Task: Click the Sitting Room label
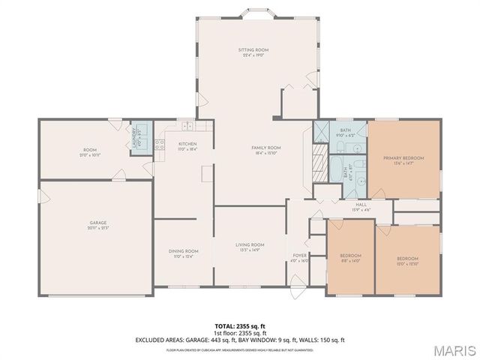[x=253, y=50]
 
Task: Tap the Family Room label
[x=265, y=148]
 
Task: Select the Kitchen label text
[x=187, y=144]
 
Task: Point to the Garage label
[x=98, y=223]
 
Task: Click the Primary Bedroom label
[x=403, y=158]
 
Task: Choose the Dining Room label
[x=183, y=251]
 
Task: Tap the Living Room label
[x=250, y=244]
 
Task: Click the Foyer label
[x=299, y=256]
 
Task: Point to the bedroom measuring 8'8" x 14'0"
[x=350, y=256]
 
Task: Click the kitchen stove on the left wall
[x=159, y=143]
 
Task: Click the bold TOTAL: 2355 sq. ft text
[x=239, y=326]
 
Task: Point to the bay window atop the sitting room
[x=253, y=13]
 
